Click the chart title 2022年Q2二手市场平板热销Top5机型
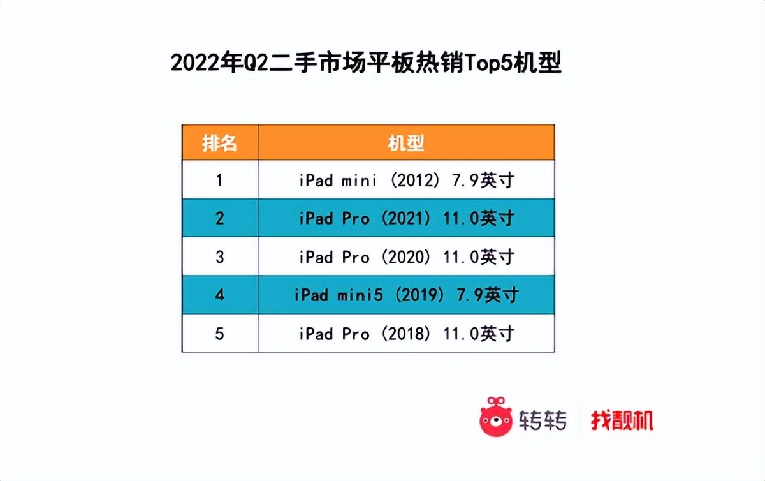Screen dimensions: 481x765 pyautogui.click(x=366, y=64)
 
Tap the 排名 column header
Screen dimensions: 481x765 pyautogui.click(x=219, y=143)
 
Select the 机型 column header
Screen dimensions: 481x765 pyautogui.click(x=406, y=143)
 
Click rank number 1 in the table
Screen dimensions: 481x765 pyautogui.click(x=219, y=181)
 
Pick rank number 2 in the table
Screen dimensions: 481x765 pyautogui.click(x=219, y=219)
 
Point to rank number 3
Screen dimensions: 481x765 pyautogui.click(x=219, y=257)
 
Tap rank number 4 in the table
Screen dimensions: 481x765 pyautogui.click(x=219, y=295)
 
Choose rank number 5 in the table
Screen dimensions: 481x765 pyautogui.click(x=219, y=334)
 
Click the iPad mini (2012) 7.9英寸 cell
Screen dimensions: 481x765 pyautogui.click(x=406, y=181)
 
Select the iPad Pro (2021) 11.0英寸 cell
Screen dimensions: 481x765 pyautogui.click(x=406, y=219)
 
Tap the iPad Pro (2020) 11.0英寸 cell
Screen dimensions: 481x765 pyautogui.click(x=406, y=257)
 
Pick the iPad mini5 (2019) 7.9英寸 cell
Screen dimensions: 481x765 pyautogui.click(x=406, y=295)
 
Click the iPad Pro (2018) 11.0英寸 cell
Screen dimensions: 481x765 pyautogui.click(x=406, y=334)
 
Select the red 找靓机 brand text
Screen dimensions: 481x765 pyautogui.click(x=622, y=420)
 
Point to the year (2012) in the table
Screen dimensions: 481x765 pyautogui.click(x=414, y=181)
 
